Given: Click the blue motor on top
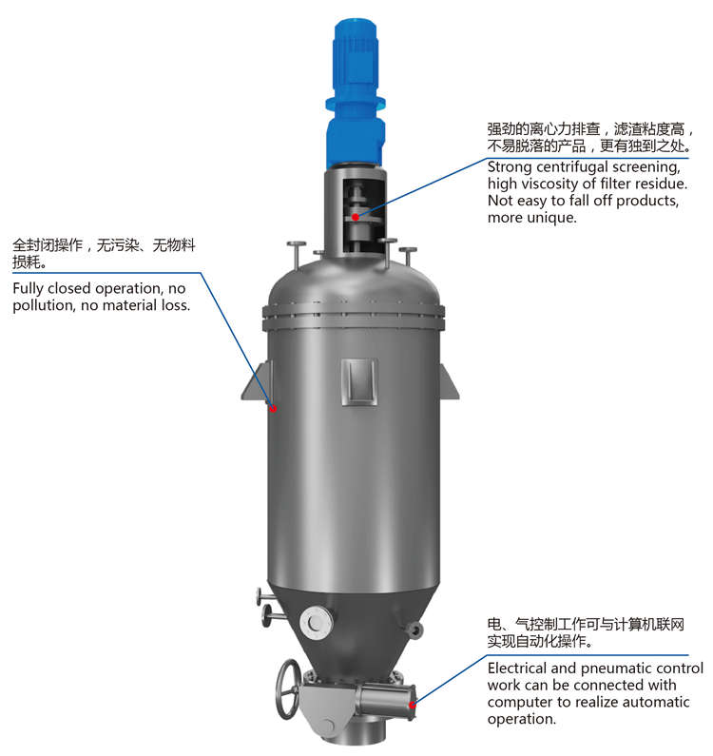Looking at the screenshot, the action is pyautogui.click(x=356, y=94).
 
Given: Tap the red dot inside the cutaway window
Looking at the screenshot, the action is pyautogui.click(x=356, y=217).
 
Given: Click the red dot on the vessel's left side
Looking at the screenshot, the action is pyautogui.click(x=273, y=408).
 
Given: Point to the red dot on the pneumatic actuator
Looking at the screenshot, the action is pyautogui.click(x=413, y=705).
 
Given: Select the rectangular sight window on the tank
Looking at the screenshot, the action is pyautogui.click(x=358, y=381).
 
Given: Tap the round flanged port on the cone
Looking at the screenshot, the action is pyautogui.click(x=316, y=623).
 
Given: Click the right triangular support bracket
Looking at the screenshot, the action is pyautogui.click(x=449, y=381).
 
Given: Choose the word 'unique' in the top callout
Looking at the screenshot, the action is pyautogui.click(x=551, y=218).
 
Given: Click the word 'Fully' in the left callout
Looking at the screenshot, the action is pyautogui.click(x=28, y=289).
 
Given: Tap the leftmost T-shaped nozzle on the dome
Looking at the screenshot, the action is pyautogui.click(x=296, y=255).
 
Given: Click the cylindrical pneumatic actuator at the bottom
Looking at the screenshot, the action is pyautogui.click(x=385, y=701).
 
